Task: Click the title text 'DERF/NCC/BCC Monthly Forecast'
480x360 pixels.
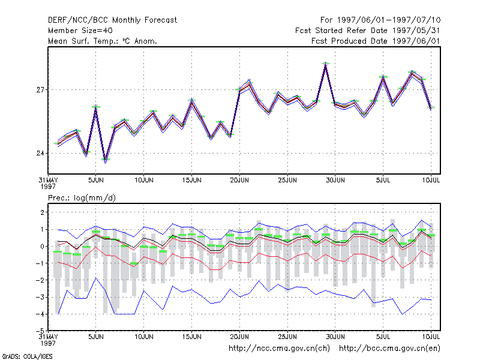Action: coord(112,20)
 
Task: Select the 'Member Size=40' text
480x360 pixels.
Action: coord(80,31)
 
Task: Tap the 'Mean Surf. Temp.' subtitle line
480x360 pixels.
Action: coord(102,41)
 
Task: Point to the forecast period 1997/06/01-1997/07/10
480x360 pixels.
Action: coord(380,20)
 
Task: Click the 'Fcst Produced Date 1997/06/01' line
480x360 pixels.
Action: coord(376,41)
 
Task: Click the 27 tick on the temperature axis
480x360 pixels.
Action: coord(40,89)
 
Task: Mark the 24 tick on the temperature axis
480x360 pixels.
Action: coord(40,153)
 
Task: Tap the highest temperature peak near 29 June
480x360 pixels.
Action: coord(326,64)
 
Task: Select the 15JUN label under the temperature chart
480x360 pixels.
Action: coord(191,180)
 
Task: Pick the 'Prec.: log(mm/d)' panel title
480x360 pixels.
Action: coord(82,198)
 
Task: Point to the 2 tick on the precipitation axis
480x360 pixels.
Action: coord(42,212)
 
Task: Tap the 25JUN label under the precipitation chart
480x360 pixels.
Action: coord(287,337)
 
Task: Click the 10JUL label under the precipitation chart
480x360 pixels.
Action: coord(431,337)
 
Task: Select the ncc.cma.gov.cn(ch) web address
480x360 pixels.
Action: coord(279,349)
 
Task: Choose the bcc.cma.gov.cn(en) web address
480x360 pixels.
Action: coord(389,349)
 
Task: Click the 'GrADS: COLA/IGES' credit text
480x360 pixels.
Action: coord(28,356)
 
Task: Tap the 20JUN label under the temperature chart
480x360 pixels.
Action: coord(239,180)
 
